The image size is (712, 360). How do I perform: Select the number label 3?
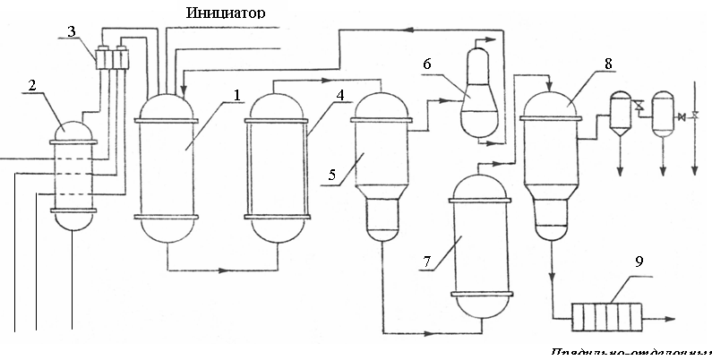(72, 31)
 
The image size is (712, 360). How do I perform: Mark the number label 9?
(639, 261)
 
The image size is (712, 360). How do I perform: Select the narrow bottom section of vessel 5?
(382, 219)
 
